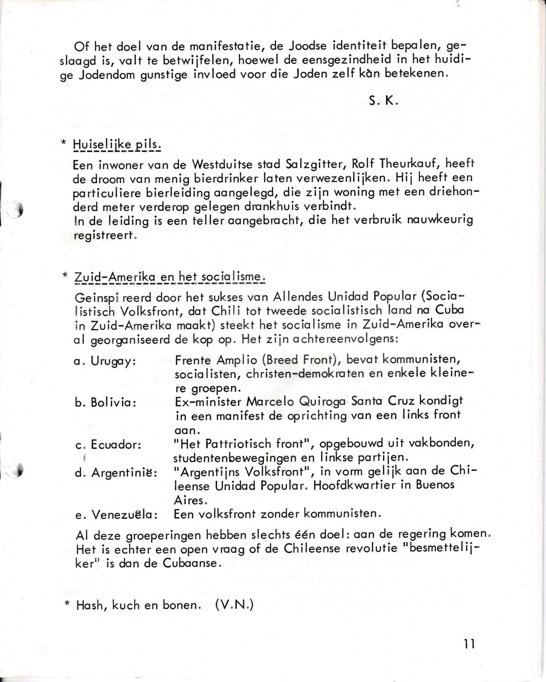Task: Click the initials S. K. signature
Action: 383,101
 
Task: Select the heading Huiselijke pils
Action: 117,145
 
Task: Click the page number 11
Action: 469,644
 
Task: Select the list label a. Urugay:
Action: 105,361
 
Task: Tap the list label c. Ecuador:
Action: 108,444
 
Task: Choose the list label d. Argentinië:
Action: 116,473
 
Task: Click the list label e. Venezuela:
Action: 116,515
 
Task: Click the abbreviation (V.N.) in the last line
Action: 234,605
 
